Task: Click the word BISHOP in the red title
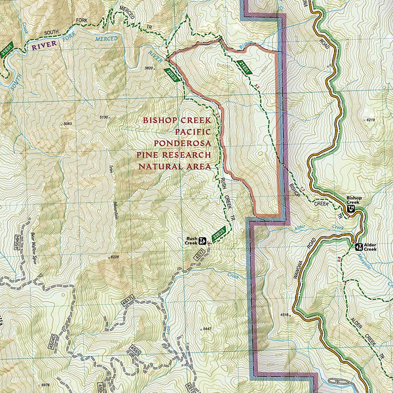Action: (162, 120)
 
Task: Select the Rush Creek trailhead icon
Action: (203, 240)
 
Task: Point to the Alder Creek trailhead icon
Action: (358, 247)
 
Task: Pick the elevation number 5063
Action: (67, 124)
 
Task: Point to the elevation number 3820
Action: (149, 67)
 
